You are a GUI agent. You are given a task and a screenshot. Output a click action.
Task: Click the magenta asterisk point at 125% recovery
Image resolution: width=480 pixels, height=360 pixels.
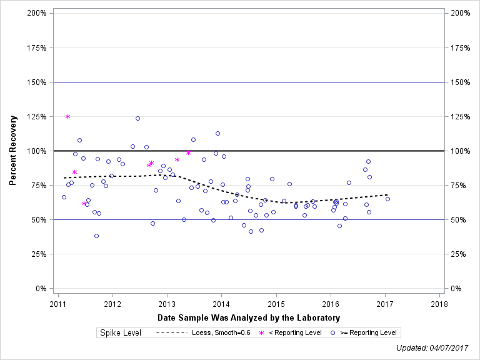[67, 116]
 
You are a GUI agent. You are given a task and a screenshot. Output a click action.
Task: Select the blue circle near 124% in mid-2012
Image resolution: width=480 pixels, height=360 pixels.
[137, 118]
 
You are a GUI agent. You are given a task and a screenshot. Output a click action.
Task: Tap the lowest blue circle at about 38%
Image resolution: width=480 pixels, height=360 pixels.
[96, 236]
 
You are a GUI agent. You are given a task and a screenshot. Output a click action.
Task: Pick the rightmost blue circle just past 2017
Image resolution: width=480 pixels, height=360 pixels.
[387, 199]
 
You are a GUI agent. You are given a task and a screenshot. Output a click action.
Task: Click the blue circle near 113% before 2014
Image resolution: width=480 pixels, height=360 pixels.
[217, 133]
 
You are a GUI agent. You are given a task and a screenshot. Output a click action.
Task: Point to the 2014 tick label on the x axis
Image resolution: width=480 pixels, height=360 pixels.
[221, 304]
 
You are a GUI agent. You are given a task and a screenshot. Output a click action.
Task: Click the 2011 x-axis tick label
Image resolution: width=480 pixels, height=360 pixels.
[58, 304]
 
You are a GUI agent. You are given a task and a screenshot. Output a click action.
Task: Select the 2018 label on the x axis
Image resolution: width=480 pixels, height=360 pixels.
[439, 304]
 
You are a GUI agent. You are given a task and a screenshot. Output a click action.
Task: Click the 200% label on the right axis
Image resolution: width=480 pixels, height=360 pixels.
[460, 13]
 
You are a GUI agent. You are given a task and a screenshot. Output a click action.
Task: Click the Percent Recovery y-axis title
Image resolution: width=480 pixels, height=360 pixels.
[13, 151]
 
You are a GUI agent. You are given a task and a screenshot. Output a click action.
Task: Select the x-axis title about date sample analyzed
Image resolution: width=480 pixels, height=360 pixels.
[248, 318]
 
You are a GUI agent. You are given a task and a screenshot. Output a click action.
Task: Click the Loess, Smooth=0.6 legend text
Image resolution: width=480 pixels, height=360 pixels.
[222, 332]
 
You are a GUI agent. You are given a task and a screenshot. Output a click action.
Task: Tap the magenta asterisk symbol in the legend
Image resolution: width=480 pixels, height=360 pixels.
[261, 332]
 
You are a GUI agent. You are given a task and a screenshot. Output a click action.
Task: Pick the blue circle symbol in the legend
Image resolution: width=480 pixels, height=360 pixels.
[333, 332]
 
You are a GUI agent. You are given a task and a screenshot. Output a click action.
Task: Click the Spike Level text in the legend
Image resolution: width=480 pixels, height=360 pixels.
[121, 332]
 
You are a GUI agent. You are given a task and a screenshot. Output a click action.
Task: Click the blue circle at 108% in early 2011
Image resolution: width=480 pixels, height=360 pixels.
[79, 140]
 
